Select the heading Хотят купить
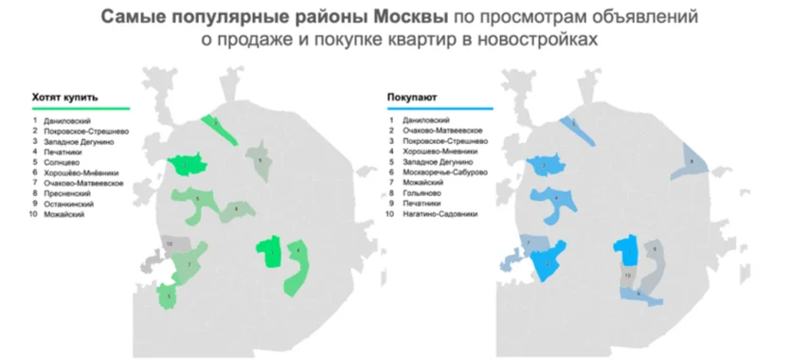tap(65, 98)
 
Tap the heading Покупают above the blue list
tap(412, 98)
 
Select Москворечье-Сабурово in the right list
tap(444, 171)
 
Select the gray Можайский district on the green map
tap(170, 244)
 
